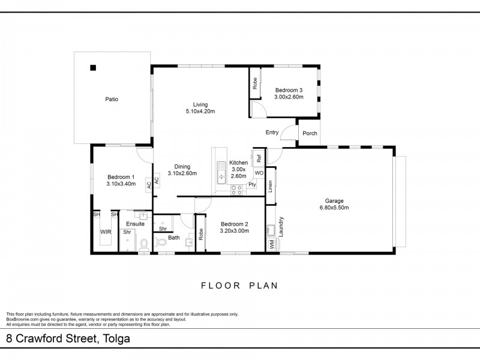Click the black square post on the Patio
pyautogui.click(x=93, y=68)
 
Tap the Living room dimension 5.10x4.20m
pyautogui.click(x=200, y=112)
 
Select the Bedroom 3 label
pyautogui.click(x=289, y=90)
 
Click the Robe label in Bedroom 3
pyautogui.click(x=254, y=83)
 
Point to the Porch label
pyautogui.click(x=310, y=133)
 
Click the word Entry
pyautogui.click(x=272, y=132)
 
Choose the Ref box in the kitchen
pyautogui.click(x=259, y=158)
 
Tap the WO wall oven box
pyautogui.click(x=259, y=173)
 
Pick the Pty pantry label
pyautogui.click(x=252, y=185)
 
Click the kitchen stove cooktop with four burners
pyautogui.click(x=236, y=190)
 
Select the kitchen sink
pyautogui.click(x=221, y=173)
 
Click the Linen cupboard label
pyautogui.click(x=270, y=186)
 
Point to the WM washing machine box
pyautogui.click(x=272, y=244)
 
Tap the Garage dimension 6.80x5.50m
pyautogui.click(x=334, y=208)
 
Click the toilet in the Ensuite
pyautogui.click(x=143, y=245)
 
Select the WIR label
pyautogui.click(x=106, y=232)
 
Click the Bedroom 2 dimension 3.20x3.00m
pyautogui.click(x=235, y=231)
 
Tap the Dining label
pyautogui.click(x=182, y=167)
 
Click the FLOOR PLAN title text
pyautogui.click(x=239, y=286)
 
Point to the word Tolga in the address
pyautogui.click(x=116, y=338)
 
